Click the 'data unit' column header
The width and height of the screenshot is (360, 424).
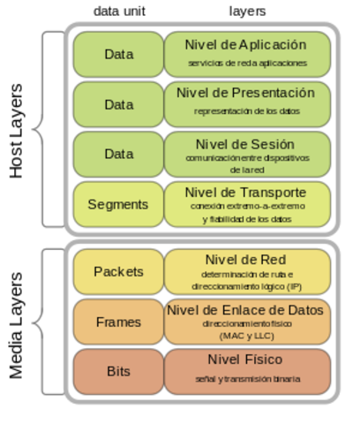click(119, 11)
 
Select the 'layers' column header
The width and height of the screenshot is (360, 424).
click(247, 11)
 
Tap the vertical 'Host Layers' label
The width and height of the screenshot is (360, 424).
click(17, 132)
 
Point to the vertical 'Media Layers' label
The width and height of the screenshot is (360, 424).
click(17, 325)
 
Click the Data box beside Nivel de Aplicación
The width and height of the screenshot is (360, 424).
click(118, 54)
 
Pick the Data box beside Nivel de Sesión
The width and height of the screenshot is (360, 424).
click(118, 154)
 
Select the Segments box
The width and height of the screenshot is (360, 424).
click(118, 204)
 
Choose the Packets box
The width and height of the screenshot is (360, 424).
click(118, 271)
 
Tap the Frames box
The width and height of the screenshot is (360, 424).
click(118, 322)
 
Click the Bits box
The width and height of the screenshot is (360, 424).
click(118, 371)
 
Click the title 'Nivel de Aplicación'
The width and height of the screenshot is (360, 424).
click(246, 44)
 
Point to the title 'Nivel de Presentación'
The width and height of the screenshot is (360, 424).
click(246, 93)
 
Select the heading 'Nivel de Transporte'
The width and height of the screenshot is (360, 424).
click(246, 192)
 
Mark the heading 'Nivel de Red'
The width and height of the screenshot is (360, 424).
click(246, 259)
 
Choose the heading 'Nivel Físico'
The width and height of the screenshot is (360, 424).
click(246, 360)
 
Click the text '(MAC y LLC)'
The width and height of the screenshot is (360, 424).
click(246, 336)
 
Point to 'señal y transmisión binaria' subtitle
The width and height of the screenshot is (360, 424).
click(246, 379)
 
